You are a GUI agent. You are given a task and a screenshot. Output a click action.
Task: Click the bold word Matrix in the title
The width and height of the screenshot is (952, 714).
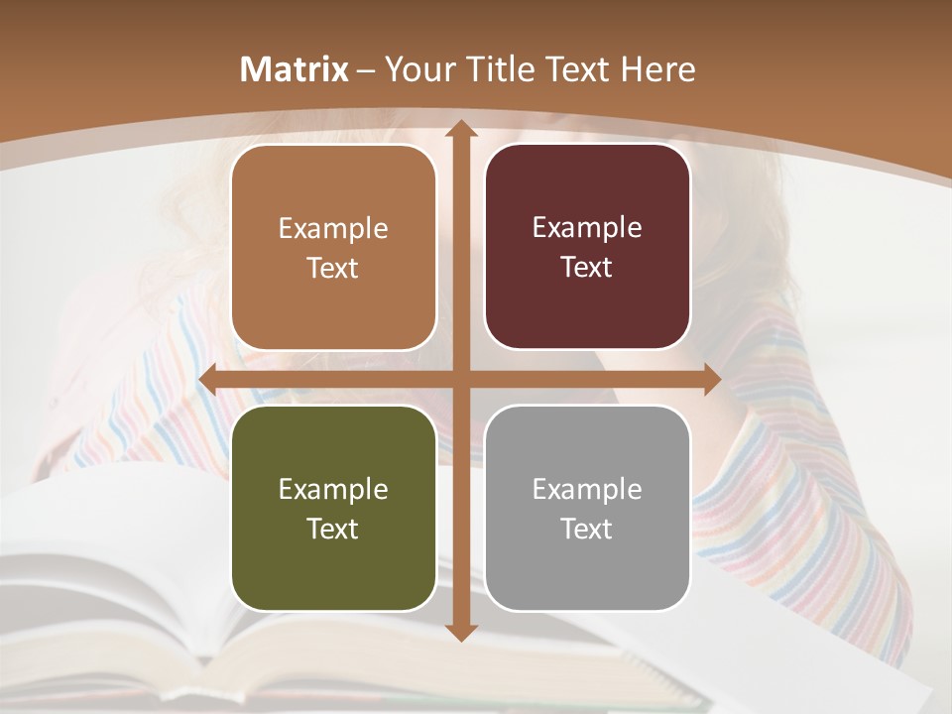pos(295,69)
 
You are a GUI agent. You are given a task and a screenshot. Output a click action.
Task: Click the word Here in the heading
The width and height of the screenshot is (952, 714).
pos(657,69)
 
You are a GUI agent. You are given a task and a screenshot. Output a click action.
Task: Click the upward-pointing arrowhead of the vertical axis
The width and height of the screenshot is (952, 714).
pos(460,129)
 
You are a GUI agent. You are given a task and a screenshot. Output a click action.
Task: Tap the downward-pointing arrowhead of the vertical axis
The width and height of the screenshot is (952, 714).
pos(460,632)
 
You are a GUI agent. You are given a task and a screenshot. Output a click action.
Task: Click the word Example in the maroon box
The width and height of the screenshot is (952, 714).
pos(587,228)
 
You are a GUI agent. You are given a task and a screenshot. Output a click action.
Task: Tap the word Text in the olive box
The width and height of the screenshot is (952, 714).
pos(333,529)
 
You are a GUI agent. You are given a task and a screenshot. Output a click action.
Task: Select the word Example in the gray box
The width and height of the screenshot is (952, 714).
pos(587,489)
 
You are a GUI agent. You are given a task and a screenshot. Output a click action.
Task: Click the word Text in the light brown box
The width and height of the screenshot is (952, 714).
pos(333,268)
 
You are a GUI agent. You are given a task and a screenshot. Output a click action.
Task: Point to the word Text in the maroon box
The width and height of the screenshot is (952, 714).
pos(587,268)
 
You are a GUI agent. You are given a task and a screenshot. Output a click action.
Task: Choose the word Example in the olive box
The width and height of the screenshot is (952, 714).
pos(333,489)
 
